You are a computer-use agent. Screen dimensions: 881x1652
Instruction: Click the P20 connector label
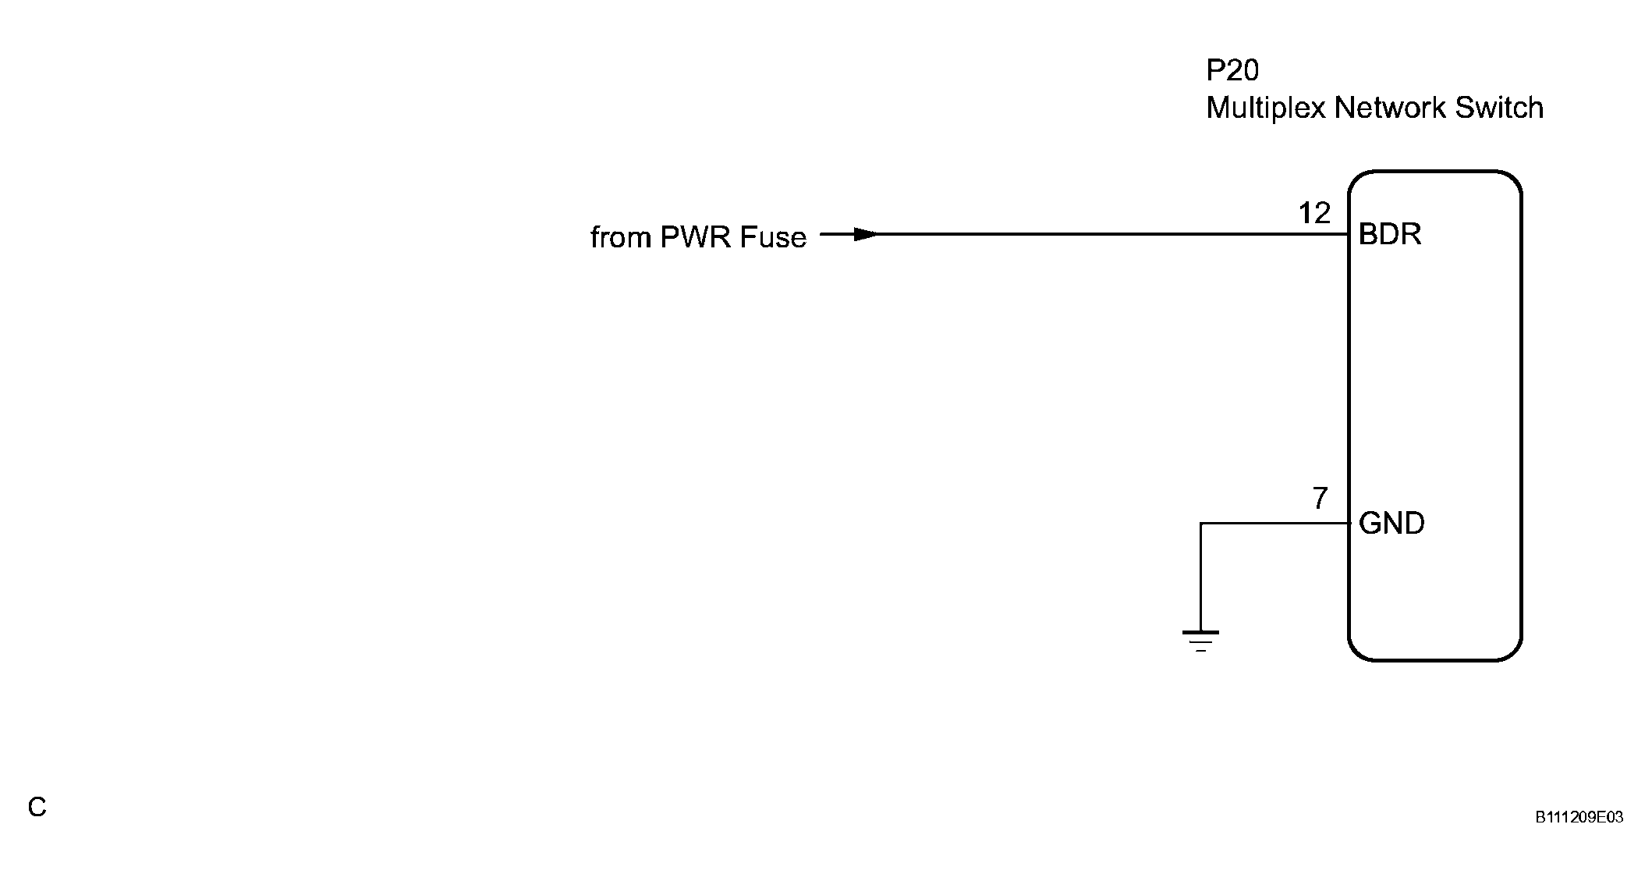(x=1232, y=71)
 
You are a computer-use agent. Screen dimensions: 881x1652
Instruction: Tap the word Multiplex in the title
(x=1265, y=108)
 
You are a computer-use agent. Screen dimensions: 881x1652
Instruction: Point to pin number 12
(x=1314, y=213)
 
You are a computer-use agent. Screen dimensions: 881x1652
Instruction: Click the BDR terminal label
(x=1390, y=234)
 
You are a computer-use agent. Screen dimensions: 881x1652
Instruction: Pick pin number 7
(x=1320, y=499)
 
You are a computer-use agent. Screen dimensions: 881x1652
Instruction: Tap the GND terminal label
(x=1391, y=524)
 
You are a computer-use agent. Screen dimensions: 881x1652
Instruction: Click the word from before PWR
(x=621, y=237)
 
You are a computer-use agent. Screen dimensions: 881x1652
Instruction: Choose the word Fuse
(x=773, y=237)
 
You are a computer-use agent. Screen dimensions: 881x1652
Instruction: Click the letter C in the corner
(x=37, y=808)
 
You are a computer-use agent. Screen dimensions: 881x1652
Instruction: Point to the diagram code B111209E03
(x=1579, y=818)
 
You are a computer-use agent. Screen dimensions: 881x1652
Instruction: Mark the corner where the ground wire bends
(x=1201, y=524)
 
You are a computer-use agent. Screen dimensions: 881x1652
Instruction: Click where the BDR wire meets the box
(x=1349, y=234)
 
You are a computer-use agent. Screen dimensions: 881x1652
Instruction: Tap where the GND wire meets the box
(x=1349, y=524)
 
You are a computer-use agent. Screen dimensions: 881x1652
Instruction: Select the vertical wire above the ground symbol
(x=1201, y=577)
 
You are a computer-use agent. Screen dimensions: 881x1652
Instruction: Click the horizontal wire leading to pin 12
(x=1092, y=234)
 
